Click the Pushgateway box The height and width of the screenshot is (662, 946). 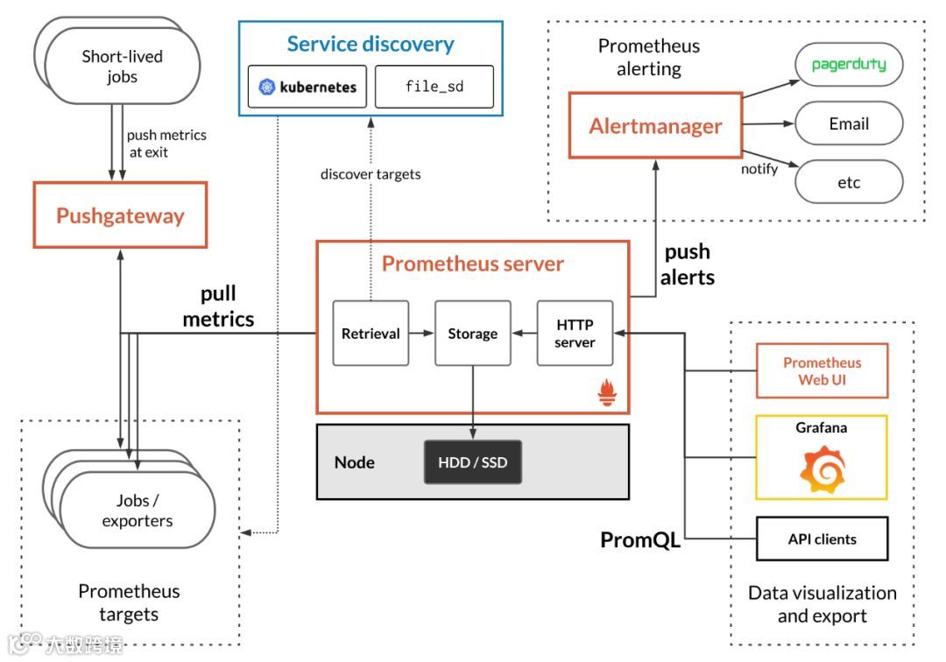pyautogui.click(x=120, y=215)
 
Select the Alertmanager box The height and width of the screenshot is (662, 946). pyautogui.click(x=655, y=126)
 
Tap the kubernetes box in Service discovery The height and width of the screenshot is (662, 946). pyautogui.click(x=307, y=87)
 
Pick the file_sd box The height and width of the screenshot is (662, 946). pyautogui.click(x=434, y=87)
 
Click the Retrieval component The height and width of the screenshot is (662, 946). pyautogui.click(x=371, y=333)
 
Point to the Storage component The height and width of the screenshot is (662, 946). pyautogui.click(x=472, y=333)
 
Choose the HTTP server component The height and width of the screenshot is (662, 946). pyautogui.click(x=575, y=333)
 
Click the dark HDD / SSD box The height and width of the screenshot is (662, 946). pyautogui.click(x=473, y=461)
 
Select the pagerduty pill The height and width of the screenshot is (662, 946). pyautogui.click(x=848, y=65)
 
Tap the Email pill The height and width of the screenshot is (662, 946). pyautogui.click(x=848, y=123)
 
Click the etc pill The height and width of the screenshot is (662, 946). pyautogui.click(x=848, y=182)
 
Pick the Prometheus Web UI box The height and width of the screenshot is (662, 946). pyautogui.click(x=822, y=371)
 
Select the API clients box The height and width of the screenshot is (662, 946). pyautogui.click(x=822, y=539)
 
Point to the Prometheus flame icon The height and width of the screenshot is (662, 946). pyautogui.click(x=607, y=393)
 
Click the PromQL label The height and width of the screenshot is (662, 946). pyautogui.click(x=640, y=540)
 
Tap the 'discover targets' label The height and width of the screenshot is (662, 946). pyautogui.click(x=371, y=174)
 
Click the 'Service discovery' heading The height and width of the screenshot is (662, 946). pyautogui.click(x=371, y=44)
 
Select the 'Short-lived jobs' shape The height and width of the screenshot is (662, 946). pyautogui.click(x=123, y=67)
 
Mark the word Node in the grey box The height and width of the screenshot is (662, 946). pyautogui.click(x=354, y=461)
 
